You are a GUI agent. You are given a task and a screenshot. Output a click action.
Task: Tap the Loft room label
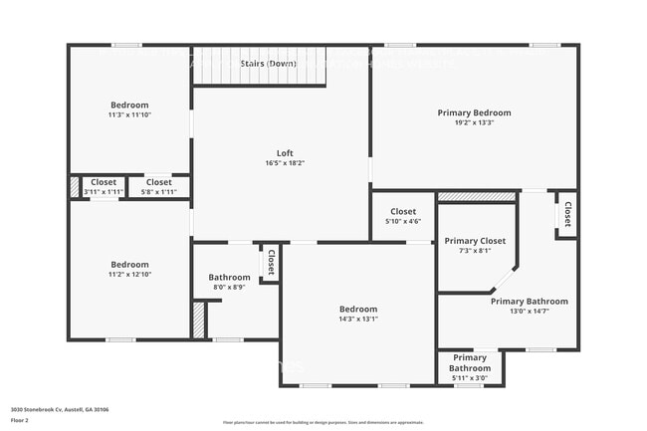click(x=285, y=153)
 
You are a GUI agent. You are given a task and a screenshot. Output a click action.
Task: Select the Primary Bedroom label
click(x=474, y=112)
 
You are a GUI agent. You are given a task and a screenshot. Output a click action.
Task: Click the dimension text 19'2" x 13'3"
click(x=474, y=123)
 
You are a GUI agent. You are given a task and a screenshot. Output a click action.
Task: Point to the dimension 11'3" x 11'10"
click(x=129, y=115)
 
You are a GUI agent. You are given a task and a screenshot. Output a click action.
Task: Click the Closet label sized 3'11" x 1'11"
click(x=104, y=182)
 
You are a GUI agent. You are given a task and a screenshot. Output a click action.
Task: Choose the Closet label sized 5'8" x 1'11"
click(x=159, y=182)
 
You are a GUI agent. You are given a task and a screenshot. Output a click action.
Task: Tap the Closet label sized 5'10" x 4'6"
click(x=403, y=211)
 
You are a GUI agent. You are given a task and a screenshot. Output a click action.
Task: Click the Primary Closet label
click(x=475, y=241)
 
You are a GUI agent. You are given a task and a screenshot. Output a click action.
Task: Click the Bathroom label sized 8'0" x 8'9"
click(x=229, y=278)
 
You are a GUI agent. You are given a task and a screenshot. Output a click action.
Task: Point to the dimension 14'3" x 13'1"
click(x=358, y=319)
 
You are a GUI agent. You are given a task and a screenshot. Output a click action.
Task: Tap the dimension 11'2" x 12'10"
click(x=129, y=275)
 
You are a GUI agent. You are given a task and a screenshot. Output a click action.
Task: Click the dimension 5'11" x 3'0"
click(x=470, y=378)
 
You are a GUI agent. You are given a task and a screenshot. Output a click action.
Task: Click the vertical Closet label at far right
click(x=567, y=214)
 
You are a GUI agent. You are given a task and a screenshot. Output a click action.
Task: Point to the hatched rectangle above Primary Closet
click(x=477, y=197)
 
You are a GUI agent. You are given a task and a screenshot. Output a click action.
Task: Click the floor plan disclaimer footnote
click(x=323, y=423)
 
